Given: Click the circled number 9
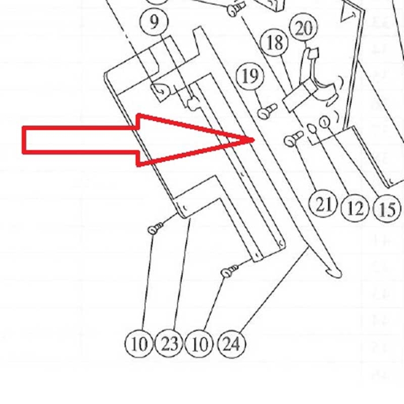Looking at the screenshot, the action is tap(154, 22).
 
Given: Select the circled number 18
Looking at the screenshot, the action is tap(275, 42).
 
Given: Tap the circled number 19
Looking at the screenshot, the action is tap(250, 76).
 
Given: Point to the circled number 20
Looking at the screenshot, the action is tap(304, 28).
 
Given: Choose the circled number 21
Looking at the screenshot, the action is tap(323, 204).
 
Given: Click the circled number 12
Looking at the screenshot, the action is tap(355, 208).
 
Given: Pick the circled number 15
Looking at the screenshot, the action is tap(387, 208).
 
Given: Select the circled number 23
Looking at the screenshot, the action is tap(169, 344).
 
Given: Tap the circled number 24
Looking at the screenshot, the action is tap(231, 344).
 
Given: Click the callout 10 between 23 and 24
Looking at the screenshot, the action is tap(200, 344).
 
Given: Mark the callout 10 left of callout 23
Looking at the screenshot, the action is tap(139, 344).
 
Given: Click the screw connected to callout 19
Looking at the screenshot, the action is tap(267, 111).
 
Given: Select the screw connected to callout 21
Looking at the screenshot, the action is tap(294, 139).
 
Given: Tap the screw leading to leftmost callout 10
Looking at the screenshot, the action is tap(156, 228).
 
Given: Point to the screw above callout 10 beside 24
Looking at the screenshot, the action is tap(229, 271).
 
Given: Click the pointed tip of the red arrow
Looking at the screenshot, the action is tap(254, 140).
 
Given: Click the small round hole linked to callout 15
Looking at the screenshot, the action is tap(324, 121).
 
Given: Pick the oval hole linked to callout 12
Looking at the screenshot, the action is tap(312, 129).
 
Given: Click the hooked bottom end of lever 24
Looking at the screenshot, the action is tap(334, 274).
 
